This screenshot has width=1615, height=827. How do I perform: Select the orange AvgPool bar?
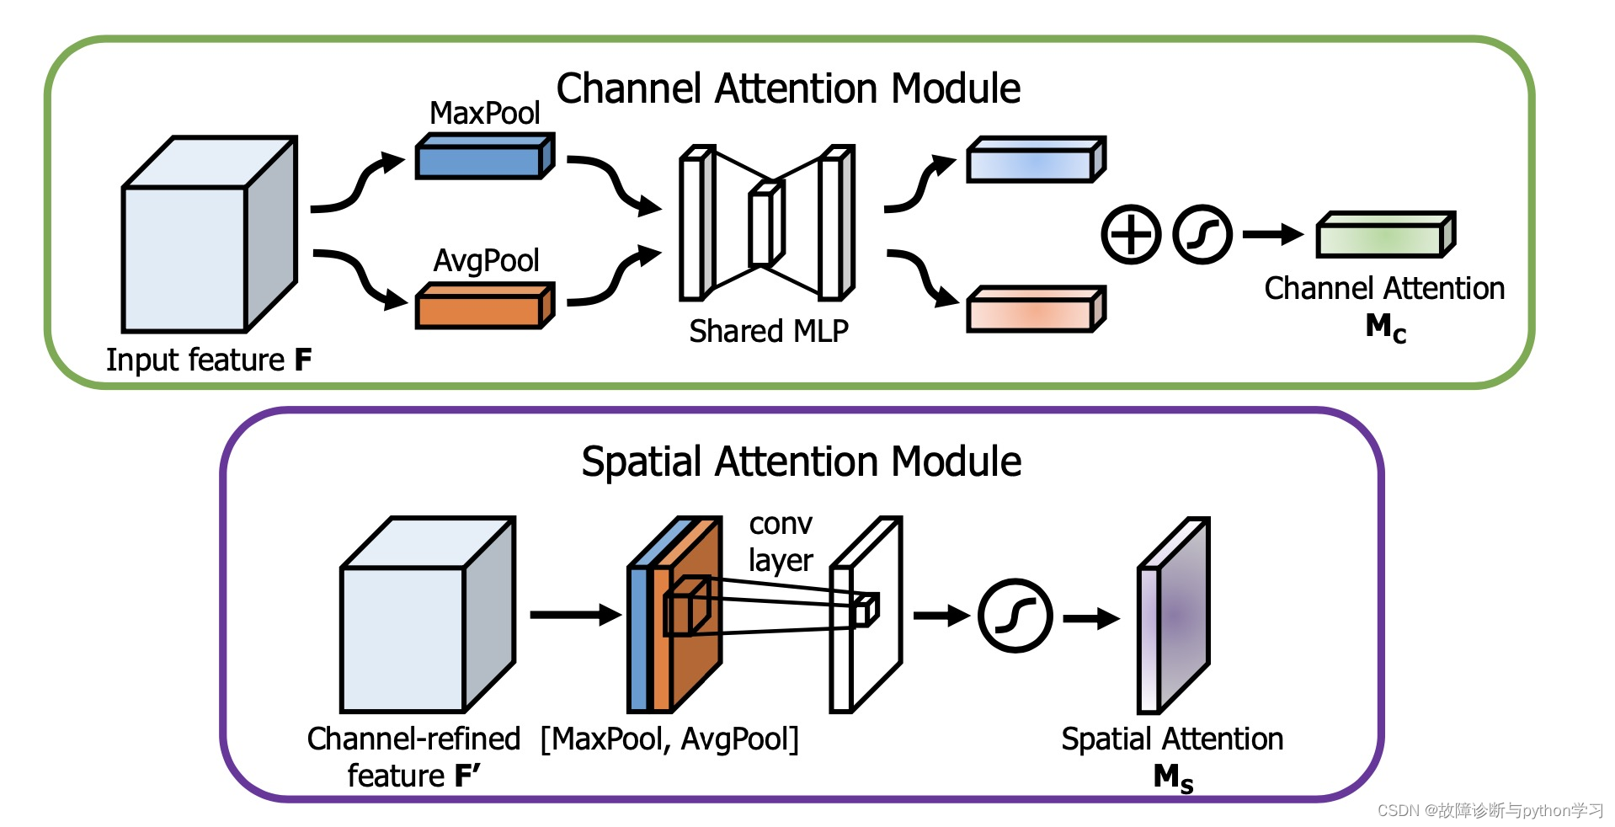[485, 306]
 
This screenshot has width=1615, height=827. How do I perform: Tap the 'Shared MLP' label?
[769, 331]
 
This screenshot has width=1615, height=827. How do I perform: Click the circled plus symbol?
[1131, 234]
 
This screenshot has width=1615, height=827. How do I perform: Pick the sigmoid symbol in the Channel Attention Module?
[1202, 234]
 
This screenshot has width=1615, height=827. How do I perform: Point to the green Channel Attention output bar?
[1386, 235]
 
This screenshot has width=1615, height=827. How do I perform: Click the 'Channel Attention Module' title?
[788, 88]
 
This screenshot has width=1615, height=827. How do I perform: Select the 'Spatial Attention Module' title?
[801, 462]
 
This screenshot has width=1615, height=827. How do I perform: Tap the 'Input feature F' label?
[209, 360]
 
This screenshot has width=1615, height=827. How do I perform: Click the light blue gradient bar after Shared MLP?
[1036, 159]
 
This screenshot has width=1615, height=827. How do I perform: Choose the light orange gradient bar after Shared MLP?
[1036, 309]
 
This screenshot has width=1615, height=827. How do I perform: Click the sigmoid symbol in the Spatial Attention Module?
[1015, 616]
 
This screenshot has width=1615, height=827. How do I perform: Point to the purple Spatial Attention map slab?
[1174, 616]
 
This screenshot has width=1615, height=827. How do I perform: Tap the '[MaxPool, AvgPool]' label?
[669, 739]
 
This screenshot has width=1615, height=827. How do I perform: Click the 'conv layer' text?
[781, 542]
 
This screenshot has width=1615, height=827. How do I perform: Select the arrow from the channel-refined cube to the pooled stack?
[576, 615]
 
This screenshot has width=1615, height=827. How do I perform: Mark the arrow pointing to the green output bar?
[1273, 234]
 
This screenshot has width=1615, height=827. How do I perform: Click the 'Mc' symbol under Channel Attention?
[1386, 328]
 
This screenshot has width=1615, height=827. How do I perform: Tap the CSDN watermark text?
[1490, 810]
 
